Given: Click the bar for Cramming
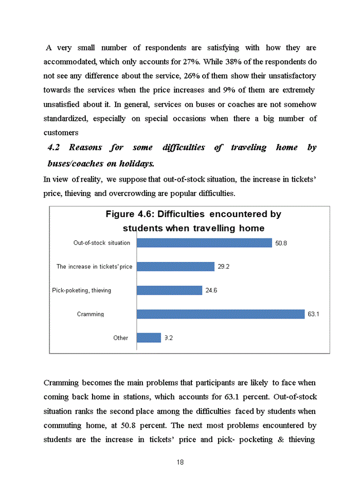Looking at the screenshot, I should (x=221, y=314).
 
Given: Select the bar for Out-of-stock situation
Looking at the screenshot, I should (x=204, y=243).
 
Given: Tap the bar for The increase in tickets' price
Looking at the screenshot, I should (x=175, y=267).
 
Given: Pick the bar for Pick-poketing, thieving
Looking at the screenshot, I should (x=169, y=290).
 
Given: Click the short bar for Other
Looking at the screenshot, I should (x=149, y=338).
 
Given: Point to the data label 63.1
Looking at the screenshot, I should (x=314, y=314).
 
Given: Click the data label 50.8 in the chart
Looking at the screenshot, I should (x=281, y=243).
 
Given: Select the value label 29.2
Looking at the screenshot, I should (x=223, y=267).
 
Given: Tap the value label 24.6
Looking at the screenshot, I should (x=211, y=290).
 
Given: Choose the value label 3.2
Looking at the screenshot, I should (x=168, y=338).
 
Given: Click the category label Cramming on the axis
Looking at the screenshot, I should (x=91, y=314).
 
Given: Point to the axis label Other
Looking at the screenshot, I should (x=121, y=338).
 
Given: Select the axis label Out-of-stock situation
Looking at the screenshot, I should (x=102, y=243).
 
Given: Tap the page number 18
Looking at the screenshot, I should (x=180, y=462).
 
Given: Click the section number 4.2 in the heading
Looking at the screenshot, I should (x=54, y=148).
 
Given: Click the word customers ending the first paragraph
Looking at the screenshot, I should (x=61, y=133).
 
